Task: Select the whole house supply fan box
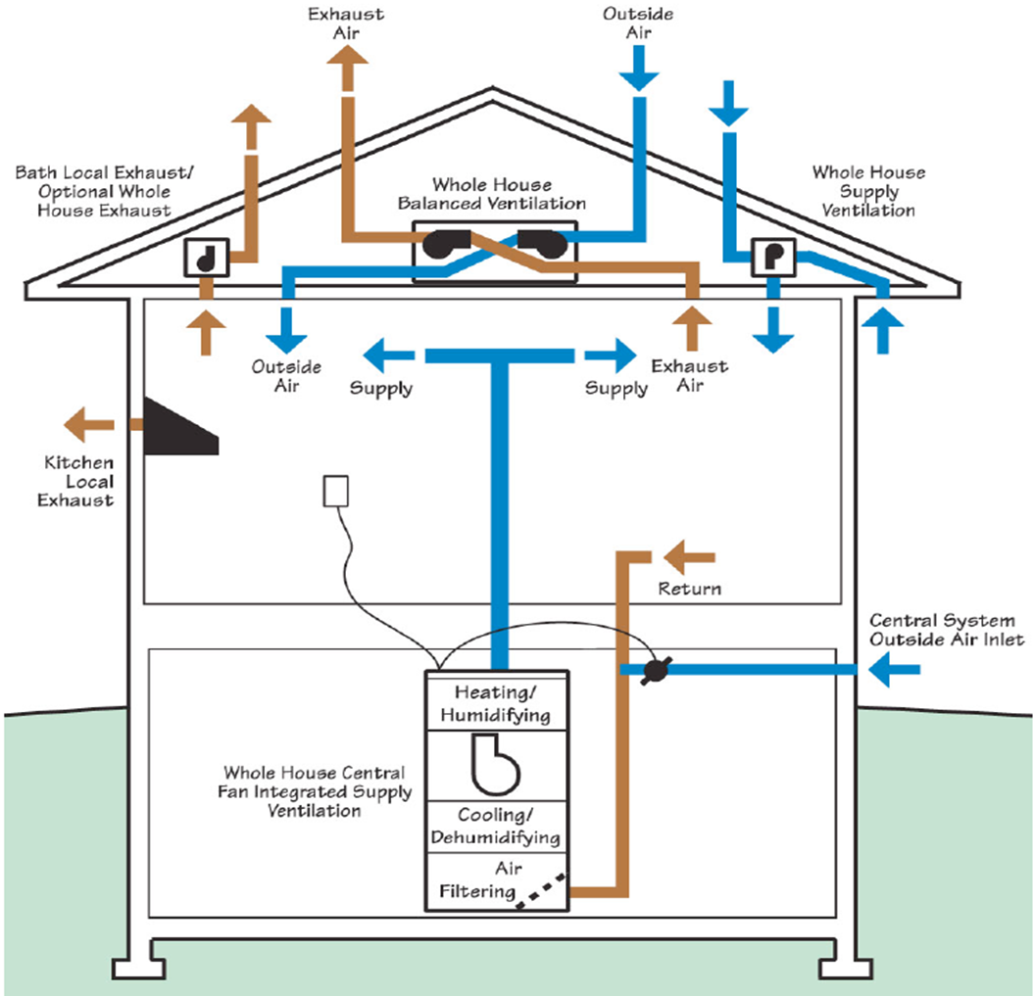tap(772, 257)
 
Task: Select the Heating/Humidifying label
tap(496, 704)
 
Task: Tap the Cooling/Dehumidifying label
tap(496, 827)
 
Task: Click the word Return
tap(689, 589)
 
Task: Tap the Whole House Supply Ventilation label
tap(868, 191)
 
